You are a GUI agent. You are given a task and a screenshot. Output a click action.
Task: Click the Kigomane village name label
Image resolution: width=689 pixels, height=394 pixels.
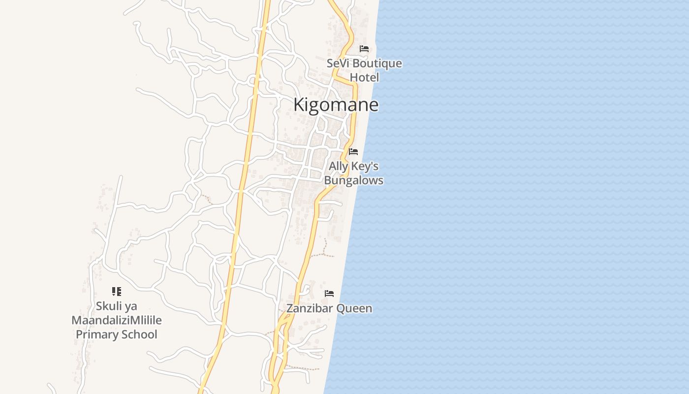(336, 105)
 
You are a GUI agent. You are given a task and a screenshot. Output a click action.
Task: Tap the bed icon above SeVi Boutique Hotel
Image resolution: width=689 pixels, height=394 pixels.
(364, 49)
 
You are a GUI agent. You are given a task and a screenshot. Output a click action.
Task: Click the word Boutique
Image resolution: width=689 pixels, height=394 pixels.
(377, 64)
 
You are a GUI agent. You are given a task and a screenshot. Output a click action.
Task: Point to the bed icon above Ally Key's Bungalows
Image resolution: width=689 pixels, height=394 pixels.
(353, 152)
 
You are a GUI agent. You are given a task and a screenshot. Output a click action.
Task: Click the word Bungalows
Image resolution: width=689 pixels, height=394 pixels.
(353, 180)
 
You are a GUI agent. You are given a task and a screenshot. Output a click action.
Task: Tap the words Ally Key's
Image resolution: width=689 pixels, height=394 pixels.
(353, 166)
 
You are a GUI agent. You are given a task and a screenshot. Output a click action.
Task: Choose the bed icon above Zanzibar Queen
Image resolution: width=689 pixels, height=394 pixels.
(329, 294)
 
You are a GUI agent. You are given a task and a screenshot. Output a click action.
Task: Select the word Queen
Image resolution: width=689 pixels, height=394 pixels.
(354, 309)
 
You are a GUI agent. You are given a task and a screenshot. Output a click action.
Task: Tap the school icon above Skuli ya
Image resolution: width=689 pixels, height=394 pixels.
(116, 292)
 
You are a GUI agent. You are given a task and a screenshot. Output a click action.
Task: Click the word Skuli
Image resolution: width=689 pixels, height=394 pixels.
(108, 306)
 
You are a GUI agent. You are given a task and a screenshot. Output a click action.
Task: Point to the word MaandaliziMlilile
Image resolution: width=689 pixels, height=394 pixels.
(117, 321)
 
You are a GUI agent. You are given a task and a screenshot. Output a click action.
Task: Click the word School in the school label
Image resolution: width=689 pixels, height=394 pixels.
(139, 335)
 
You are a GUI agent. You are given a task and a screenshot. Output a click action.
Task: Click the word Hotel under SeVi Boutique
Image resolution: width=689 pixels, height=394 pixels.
(365, 77)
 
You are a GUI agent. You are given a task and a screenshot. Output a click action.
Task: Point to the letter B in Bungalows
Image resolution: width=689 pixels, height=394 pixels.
(328, 180)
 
